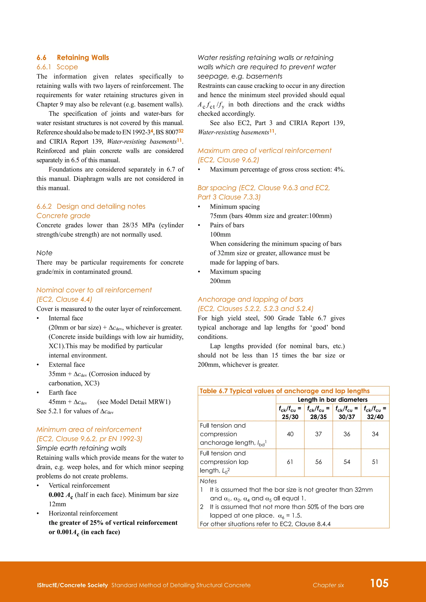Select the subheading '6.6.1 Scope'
[x=57, y=67]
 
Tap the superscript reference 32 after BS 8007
[x=181, y=131]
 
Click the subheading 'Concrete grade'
[x=63, y=216]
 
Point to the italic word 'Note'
[x=44, y=253]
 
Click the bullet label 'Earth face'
[x=62, y=392]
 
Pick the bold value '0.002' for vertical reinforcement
[x=56, y=495]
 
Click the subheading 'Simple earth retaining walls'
[x=81, y=448]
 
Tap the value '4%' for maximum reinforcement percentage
[x=338, y=170]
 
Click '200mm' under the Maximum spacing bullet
[x=220, y=281]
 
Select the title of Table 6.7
[x=285, y=391]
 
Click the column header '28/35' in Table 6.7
[x=318, y=417]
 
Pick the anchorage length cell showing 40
[x=290, y=434]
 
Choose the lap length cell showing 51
[x=375, y=462]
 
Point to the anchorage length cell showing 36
[x=347, y=434]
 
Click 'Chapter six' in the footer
[x=328, y=585]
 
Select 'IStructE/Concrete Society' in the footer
[x=72, y=585]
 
